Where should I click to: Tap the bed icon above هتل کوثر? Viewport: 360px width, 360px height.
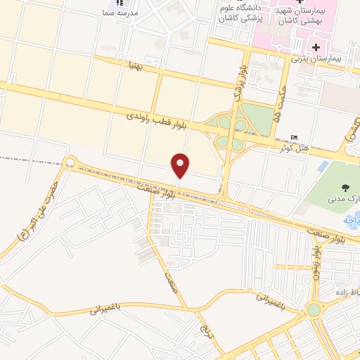[x=294, y=137]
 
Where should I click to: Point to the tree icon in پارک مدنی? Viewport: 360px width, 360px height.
[x=345, y=187]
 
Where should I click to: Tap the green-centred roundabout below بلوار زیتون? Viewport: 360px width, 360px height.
[x=313, y=309]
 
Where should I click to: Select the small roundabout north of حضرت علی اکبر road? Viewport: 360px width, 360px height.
[x=69, y=163]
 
